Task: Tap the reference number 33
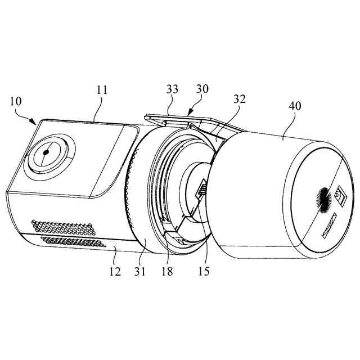tap(173, 89)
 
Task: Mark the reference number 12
tap(115, 272)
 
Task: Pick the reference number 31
tap(139, 272)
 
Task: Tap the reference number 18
tap(168, 272)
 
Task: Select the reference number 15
tap(204, 272)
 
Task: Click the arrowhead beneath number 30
tap(189, 113)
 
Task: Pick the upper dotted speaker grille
tap(63, 228)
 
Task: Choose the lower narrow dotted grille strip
tap(73, 242)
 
